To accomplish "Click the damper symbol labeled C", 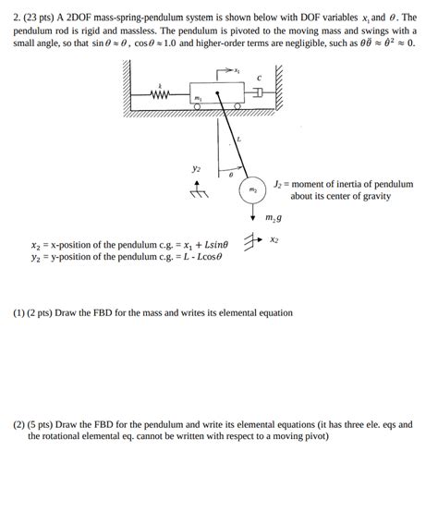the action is (x=259, y=92).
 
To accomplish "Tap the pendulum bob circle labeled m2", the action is (x=250, y=191).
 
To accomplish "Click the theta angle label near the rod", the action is (x=230, y=173).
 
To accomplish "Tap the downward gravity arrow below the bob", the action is (x=252, y=213).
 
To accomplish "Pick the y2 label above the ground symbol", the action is (x=196, y=168).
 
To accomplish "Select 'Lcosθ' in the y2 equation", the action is (x=206, y=258).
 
